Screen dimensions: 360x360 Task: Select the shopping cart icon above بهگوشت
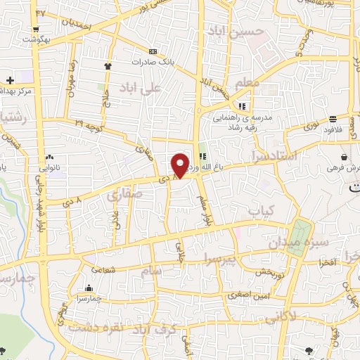coord(35,30)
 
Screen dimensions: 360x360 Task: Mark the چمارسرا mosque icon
coord(88,288)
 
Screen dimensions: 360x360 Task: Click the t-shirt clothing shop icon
coord(108,65)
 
